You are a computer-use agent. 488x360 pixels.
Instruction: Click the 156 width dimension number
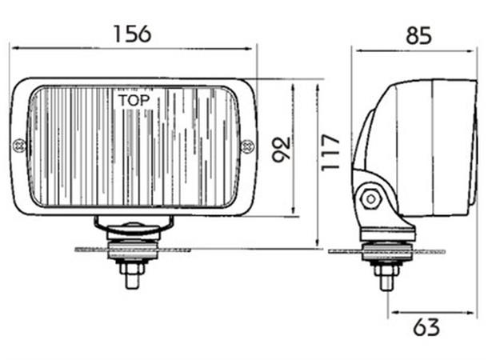tap(132, 34)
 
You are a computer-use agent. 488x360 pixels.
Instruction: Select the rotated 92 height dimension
tap(280, 148)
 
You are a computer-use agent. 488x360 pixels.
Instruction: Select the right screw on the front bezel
tap(248, 146)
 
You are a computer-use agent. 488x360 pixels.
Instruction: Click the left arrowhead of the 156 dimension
tap(14, 48)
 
